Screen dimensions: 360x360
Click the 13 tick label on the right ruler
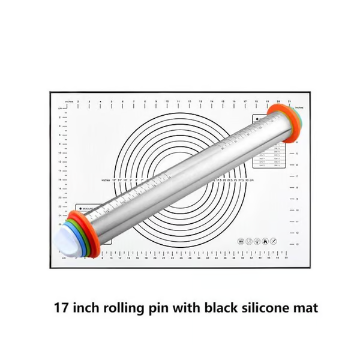pos(298,244)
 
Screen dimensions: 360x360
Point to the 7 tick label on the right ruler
pos(298,176)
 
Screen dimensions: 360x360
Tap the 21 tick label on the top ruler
pos(290,102)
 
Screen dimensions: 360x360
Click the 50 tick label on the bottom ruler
pos(286,260)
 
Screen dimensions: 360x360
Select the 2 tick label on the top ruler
pos(88,102)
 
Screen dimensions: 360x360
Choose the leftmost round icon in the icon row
pos(240,241)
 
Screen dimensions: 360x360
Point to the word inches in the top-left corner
pos(70,102)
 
